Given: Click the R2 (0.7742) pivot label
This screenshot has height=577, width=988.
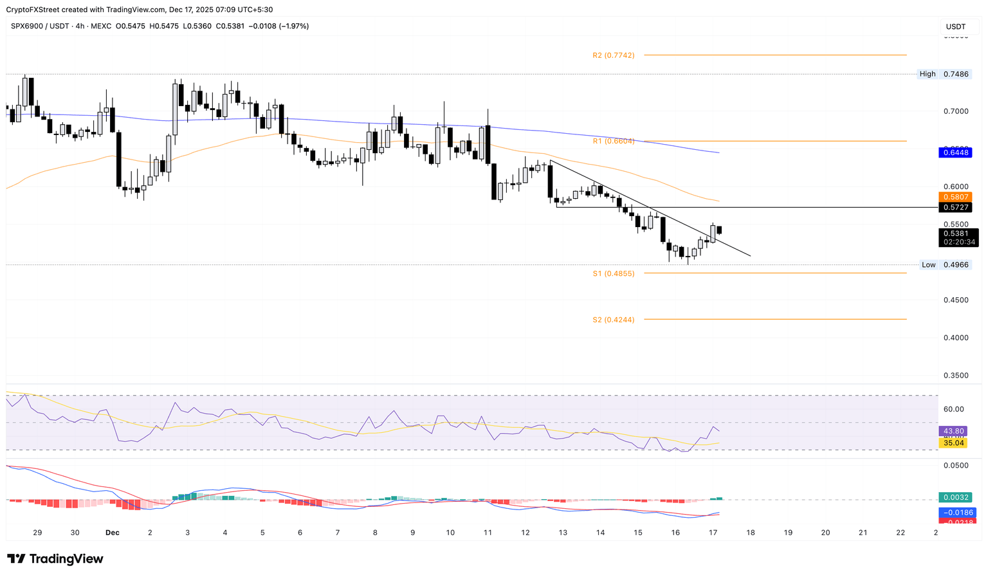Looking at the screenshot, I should tap(613, 55).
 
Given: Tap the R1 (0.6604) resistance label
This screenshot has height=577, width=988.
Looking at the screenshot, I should tap(613, 141).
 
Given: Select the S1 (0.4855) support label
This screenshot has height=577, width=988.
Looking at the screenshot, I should tap(613, 273).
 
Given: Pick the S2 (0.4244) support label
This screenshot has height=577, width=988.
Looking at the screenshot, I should tap(613, 320).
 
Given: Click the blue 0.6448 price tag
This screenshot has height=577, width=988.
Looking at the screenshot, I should tap(956, 152).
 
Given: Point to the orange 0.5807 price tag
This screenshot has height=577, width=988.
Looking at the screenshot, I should tap(956, 197).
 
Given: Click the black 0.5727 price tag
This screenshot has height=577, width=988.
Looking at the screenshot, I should tap(956, 207).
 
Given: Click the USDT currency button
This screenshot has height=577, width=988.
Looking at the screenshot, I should tap(956, 26).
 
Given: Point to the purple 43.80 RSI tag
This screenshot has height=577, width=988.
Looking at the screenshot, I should tap(953, 431).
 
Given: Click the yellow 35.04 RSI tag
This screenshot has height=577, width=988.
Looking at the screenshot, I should tap(953, 443).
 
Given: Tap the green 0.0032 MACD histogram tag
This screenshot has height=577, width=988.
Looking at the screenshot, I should tap(955, 497).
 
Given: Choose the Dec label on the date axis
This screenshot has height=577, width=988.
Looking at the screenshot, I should tap(113, 533).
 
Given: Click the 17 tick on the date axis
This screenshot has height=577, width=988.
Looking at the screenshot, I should tap(713, 533).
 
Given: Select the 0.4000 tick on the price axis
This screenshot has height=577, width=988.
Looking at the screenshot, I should tap(955, 338).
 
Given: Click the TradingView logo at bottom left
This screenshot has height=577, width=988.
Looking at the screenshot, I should tap(55, 559).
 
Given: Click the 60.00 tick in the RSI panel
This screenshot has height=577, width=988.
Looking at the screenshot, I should tap(953, 409).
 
